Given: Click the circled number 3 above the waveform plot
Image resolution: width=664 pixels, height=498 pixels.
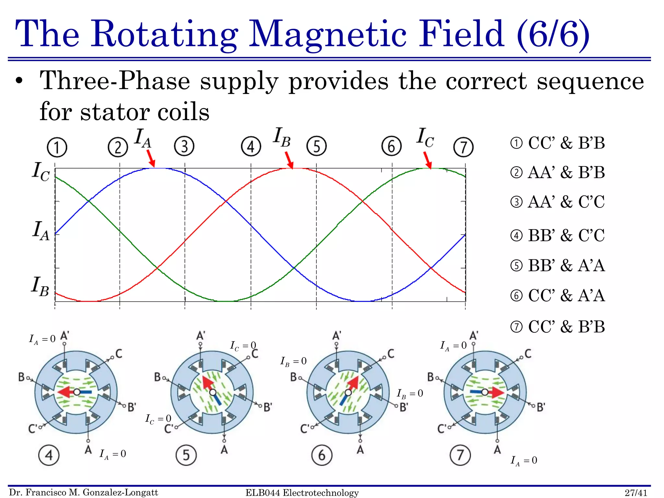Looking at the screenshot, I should pos(184,146).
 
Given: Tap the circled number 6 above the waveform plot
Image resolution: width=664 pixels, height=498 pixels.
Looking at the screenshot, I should pos(391,146).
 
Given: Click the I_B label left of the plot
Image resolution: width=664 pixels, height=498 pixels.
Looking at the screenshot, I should pos(40,286).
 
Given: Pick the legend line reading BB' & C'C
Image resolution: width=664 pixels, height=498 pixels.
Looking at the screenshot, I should pos(558,235).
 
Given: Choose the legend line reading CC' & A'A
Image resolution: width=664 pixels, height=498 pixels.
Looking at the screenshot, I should pos(558,295).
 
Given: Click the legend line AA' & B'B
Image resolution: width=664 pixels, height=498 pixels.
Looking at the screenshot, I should pos(558,172).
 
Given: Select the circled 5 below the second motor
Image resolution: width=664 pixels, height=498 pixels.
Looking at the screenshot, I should pos(186,455).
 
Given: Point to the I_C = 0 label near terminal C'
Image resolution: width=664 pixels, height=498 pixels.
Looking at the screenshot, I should pos(158,419).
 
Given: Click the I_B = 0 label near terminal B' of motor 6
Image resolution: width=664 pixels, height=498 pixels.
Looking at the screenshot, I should pos(410,394).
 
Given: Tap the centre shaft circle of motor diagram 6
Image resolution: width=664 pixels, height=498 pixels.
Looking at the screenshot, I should pos(348,393).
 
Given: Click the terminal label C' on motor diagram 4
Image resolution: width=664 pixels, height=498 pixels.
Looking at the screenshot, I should pos(33,429).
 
